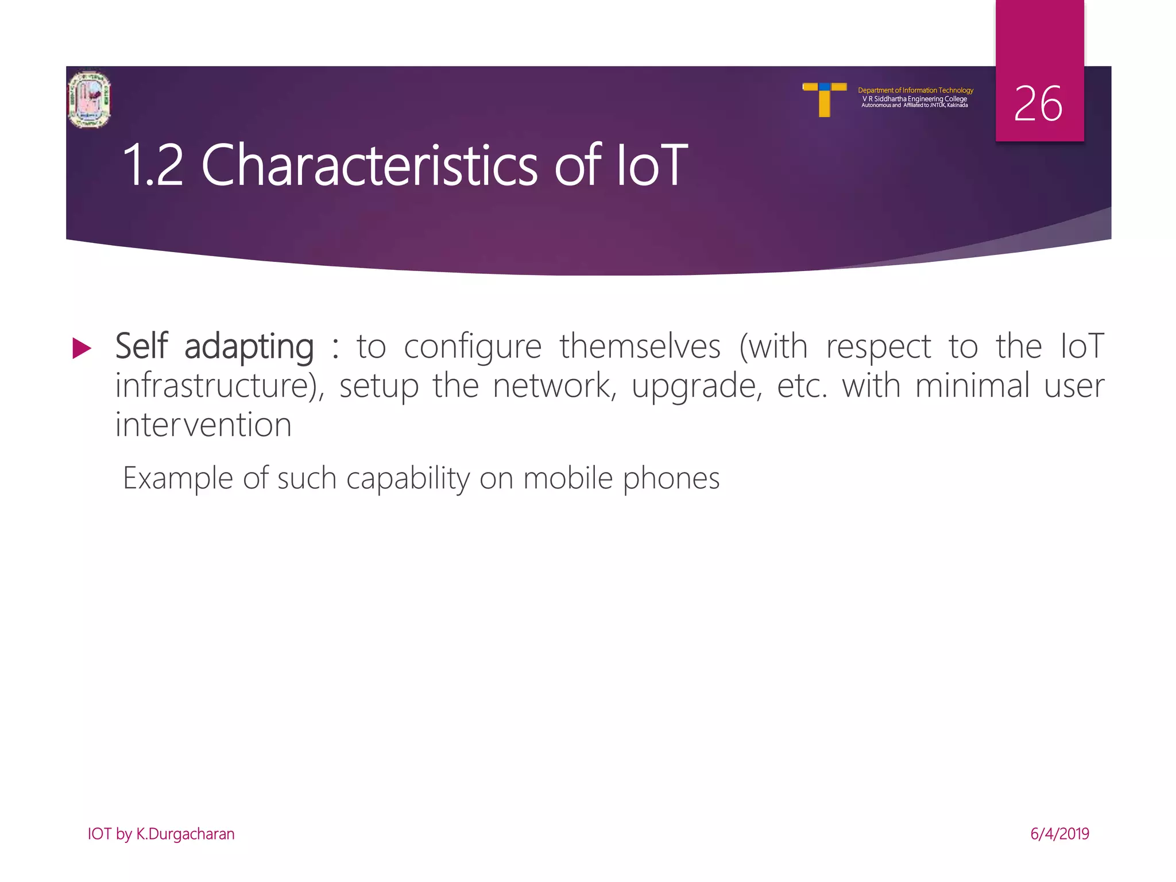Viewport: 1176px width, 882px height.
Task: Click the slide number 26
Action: [1038, 104]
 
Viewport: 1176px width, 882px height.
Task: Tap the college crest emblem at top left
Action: [89, 99]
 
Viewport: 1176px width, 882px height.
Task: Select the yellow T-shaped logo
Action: [825, 99]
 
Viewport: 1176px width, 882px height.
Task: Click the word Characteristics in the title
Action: [369, 166]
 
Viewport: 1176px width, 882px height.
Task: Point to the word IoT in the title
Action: [652, 166]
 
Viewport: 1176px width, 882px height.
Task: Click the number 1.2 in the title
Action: [153, 166]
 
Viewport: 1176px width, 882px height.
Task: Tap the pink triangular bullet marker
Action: [82, 349]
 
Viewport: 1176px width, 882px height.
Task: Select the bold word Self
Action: [142, 346]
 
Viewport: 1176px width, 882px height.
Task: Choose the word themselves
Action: [640, 346]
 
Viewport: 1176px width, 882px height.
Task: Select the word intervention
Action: [204, 425]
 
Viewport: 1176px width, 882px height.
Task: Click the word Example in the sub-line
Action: [178, 478]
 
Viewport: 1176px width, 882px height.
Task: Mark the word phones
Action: [671, 478]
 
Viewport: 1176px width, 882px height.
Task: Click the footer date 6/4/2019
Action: [1059, 834]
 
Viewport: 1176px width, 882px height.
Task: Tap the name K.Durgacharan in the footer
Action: [185, 834]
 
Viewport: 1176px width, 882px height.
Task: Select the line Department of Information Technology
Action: [915, 90]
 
